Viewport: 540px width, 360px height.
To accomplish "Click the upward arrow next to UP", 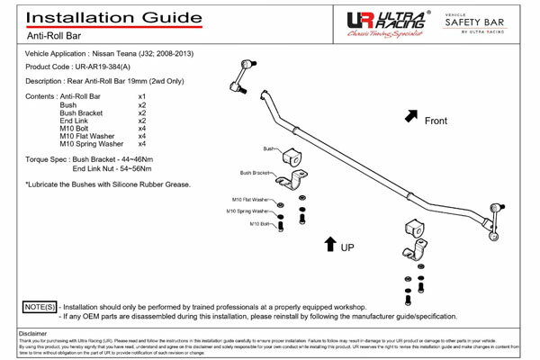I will [330, 245].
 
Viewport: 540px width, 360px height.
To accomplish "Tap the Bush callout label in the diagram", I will [268, 148].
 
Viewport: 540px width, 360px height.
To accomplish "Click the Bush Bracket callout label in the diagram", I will [257, 173].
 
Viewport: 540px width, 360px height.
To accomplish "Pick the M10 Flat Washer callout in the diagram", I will [247, 199].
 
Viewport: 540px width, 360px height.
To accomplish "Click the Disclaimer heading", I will [33, 333].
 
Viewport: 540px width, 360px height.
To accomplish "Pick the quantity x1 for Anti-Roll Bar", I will [142, 96].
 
